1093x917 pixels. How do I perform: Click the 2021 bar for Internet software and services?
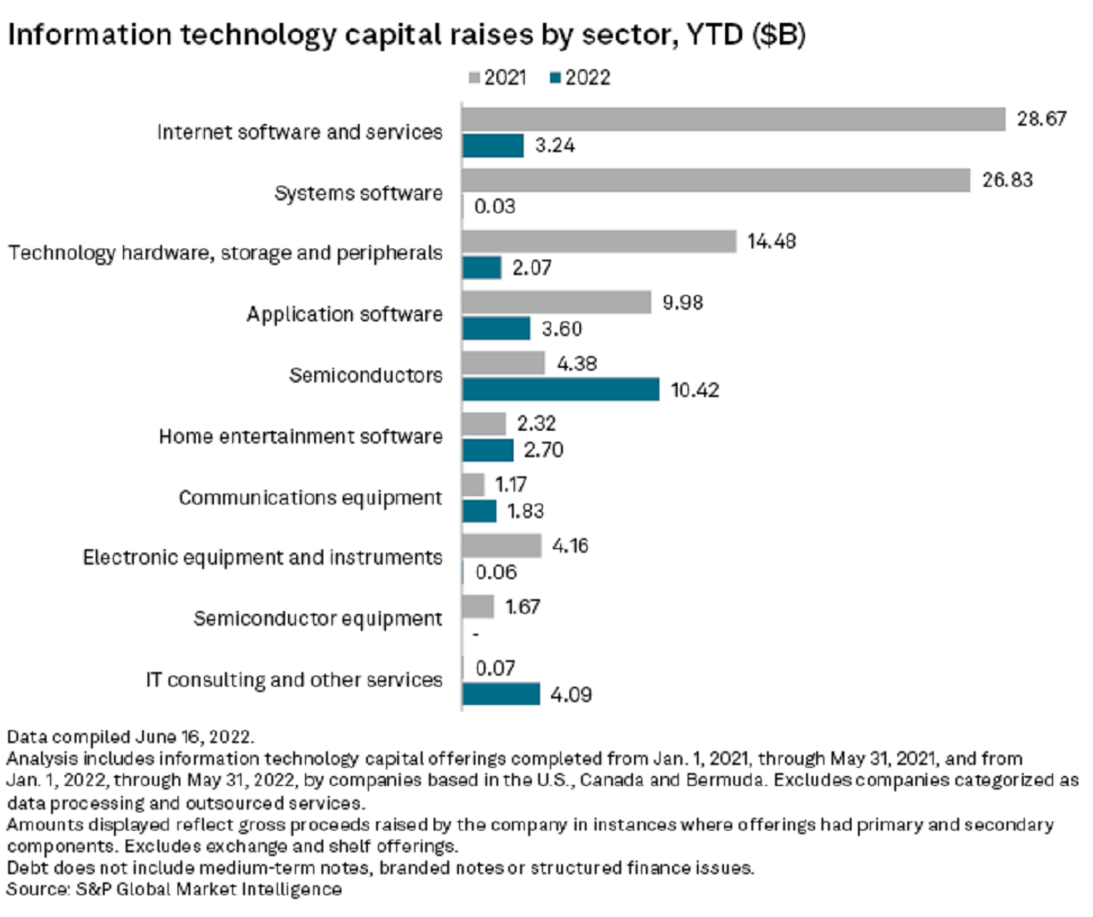pos(733,119)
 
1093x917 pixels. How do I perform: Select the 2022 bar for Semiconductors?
pos(561,390)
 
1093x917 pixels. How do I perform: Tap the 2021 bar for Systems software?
pos(716,180)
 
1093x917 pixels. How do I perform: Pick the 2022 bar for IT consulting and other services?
pos(501,695)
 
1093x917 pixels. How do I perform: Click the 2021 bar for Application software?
pos(557,302)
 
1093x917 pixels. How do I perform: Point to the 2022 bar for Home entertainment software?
pos(488,450)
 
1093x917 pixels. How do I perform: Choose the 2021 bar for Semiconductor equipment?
pos(478,606)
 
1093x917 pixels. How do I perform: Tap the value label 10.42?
pos(696,390)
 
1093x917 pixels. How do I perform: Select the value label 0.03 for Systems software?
pos(496,206)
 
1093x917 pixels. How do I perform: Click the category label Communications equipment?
pos(311,497)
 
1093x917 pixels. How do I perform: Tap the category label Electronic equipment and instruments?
pos(263,557)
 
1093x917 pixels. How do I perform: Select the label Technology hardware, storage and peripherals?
pos(226,253)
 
